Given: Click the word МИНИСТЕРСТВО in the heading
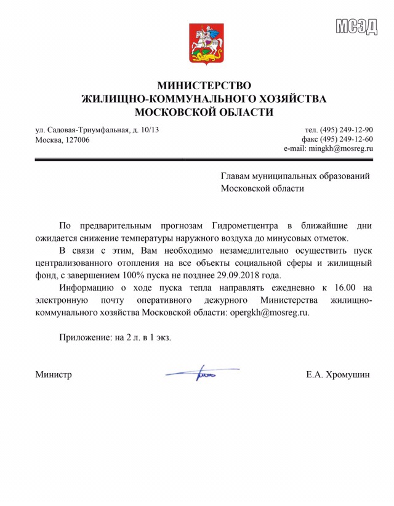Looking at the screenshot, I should coord(204,86).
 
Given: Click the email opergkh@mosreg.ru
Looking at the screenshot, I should coord(269,312).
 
